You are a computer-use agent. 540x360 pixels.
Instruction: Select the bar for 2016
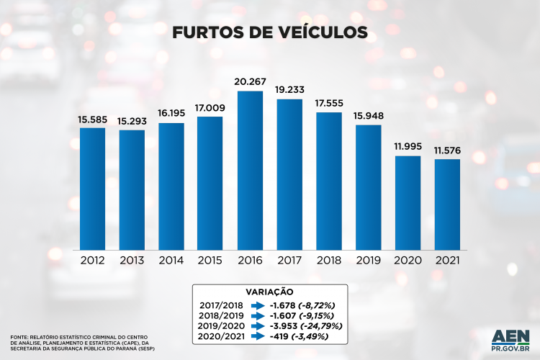250,170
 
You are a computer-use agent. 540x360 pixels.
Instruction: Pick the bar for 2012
92,189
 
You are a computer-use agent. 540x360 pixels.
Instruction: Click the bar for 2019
368,186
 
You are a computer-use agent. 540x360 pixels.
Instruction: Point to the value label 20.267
250,81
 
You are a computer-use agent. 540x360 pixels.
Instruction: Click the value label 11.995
408,146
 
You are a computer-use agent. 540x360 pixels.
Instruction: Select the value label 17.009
210,107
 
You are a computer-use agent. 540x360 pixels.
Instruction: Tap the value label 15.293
132,120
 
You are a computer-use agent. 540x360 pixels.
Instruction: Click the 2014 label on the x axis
171,260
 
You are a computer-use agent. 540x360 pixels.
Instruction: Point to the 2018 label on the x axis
328,260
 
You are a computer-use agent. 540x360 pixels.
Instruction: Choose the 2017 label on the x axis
289,260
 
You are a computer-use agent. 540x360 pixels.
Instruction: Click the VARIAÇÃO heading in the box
269,292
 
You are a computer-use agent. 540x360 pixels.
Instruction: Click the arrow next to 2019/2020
258,325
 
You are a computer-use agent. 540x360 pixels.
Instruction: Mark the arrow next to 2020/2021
258,336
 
